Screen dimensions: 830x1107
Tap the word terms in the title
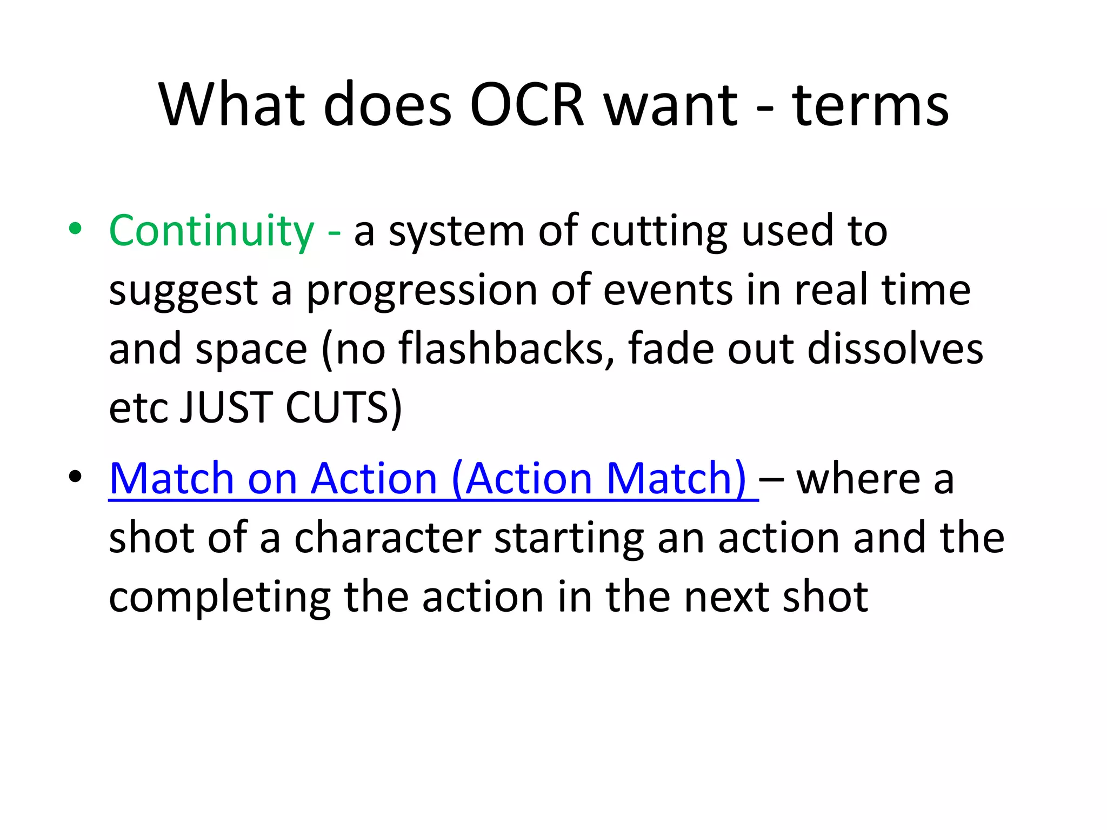(x=870, y=105)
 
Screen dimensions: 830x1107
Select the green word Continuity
(x=211, y=231)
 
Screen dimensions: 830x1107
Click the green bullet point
(x=75, y=229)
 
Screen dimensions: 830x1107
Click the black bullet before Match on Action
(x=75, y=477)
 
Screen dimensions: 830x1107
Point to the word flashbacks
(x=506, y=349)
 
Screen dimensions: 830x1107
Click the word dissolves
(x=895, y=349)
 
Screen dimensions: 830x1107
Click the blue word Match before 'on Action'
(x=172, y=479)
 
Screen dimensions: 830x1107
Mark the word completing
(x=219, y=599)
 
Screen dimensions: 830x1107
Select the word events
(x=668, y=291)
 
